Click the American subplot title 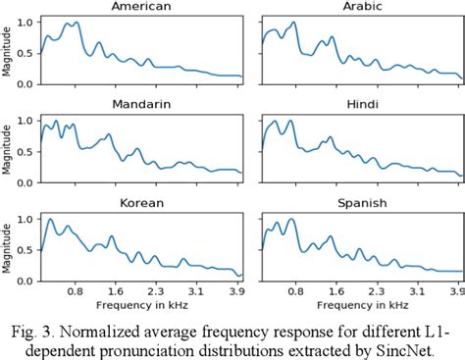pyautogui.click(x=141, y=7)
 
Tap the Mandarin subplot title pyautogui.click(x=141, y=103)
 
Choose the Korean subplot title pyautogui.click(x=141, y=203)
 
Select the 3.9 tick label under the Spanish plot pyautogui.click(x=455, y=292)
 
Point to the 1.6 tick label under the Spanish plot pyautogui.click(x=337, y=292)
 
